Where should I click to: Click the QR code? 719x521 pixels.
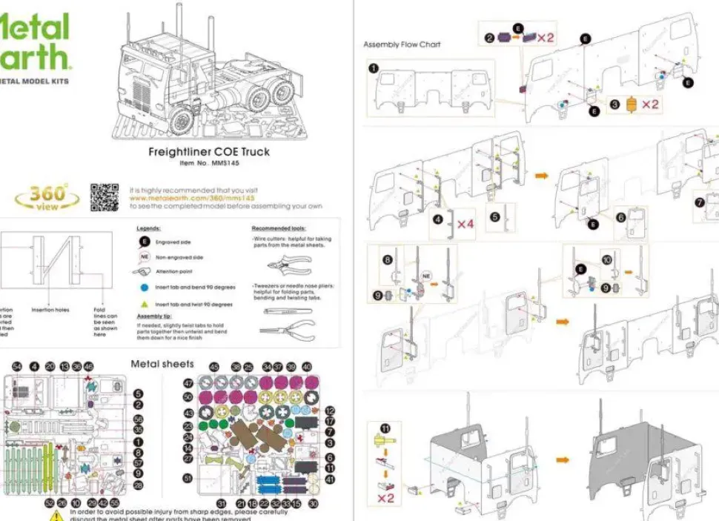pos(105,197)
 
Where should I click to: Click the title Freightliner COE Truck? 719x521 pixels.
pos(209,152)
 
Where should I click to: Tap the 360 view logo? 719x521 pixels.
pos(48,197)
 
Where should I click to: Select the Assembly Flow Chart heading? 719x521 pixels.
pos(402,44)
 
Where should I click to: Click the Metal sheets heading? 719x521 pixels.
pos(162,364)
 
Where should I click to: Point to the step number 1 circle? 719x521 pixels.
pos(374,68)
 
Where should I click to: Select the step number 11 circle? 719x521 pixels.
pos(385,428)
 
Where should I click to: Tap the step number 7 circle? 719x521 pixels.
pos(699,202)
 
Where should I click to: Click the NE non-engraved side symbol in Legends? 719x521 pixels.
pos(145,257)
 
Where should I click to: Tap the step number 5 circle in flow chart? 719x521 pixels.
pos(495,218)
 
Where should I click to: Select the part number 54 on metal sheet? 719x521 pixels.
pos(18,367)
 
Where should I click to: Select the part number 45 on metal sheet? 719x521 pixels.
pos(214,367)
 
